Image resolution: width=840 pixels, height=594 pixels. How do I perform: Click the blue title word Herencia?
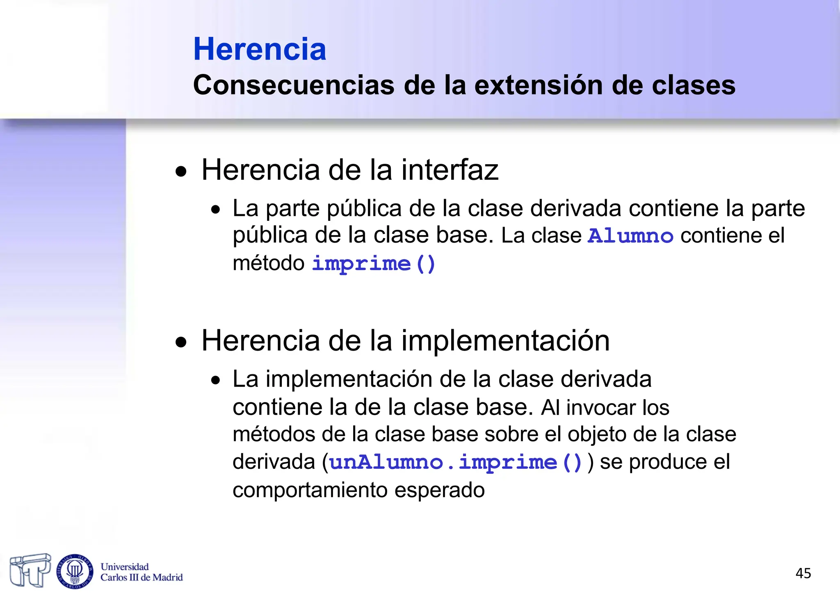coord(260,49)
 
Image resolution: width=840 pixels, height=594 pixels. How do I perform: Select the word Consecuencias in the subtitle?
coord(294,85)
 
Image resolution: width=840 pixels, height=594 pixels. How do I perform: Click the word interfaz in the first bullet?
coord(450,170)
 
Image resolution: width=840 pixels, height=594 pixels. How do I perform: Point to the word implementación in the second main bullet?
coord(505,341)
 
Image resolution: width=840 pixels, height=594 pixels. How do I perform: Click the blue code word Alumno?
coord(630,236)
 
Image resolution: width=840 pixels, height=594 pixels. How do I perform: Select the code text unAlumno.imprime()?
coord(456,463)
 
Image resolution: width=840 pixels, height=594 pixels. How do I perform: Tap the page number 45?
coord(803,573)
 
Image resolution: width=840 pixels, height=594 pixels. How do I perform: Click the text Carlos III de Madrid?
coord(142,578)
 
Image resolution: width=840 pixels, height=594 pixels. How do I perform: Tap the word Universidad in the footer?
coord(125,567)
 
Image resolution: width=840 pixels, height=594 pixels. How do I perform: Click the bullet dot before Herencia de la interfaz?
coord(181,172)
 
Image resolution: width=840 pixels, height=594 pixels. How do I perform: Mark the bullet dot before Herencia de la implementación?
coord(181,342)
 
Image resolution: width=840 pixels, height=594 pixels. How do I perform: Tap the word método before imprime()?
coord(268,263)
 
